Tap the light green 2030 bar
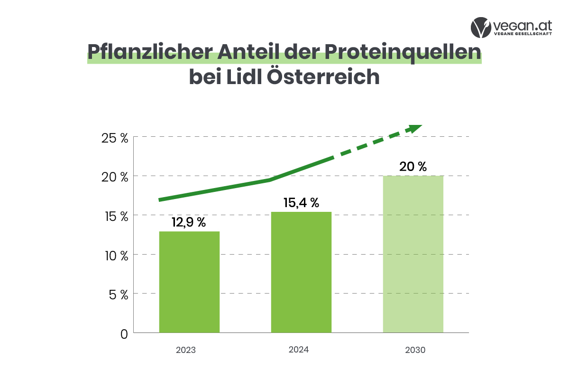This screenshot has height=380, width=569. pyautogui.click(x=413, y=254)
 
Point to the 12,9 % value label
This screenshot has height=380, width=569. pyautogui.click(x=189, y=222)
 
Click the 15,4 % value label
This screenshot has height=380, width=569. pyautogui.click(x=301, y=203)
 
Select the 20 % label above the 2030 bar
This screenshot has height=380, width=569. pyautogui.click(x=413, y=167)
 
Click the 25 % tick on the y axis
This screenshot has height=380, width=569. pyautogui.click(x=115, y=138)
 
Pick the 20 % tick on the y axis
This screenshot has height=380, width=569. pyautogui.click(x=115, y=177)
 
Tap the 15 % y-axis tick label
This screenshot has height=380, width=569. pyautogui.click(x=115, y=216)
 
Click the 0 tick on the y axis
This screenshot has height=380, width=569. pyautogui.click(x=124, y=334)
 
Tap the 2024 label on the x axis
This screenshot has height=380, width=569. pyautogui.click(x=299, y=350)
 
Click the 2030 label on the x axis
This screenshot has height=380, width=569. pyautogui.click(x=415, y=351)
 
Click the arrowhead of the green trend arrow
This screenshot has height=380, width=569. pyautogui.click(x=414, y=128)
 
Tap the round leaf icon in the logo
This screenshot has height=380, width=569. pyautogui.click(x=481, y=28)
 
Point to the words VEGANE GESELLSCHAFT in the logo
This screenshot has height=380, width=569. pyautogui.click(x=523, y=34)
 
